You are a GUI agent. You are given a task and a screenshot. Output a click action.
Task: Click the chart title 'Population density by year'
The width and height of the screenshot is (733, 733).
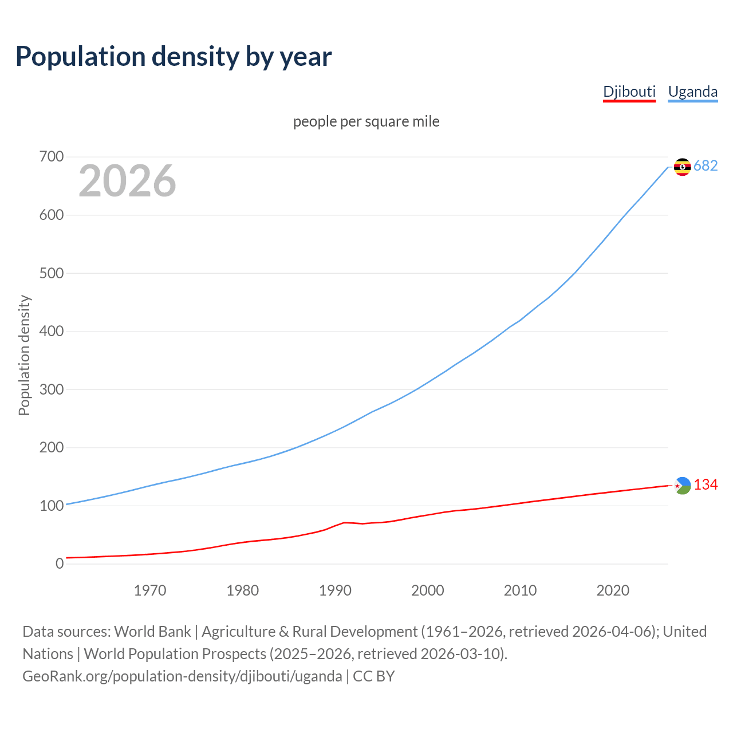tap(174, 57)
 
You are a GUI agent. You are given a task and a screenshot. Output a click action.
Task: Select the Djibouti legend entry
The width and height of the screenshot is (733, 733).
tap(629, 92)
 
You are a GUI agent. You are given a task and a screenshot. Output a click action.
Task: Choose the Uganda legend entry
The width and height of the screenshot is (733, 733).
tap(692, 92)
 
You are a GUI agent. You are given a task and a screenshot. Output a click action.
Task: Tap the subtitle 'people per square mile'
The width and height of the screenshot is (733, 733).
tap(366, 121)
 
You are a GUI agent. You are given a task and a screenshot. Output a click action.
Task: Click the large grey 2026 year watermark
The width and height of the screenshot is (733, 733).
tap(127, 181)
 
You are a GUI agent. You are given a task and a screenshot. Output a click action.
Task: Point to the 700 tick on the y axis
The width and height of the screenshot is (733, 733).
tap(52, 156)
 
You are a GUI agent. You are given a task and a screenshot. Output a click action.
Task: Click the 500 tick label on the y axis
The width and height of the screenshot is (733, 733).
tap(52, 273)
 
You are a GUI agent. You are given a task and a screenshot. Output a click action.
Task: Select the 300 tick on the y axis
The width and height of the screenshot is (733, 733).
tap(52, 389)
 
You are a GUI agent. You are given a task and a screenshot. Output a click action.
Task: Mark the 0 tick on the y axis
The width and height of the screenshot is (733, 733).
tap(60, 563)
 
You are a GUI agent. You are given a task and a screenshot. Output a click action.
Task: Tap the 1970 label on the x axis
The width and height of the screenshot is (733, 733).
tap(150, 590)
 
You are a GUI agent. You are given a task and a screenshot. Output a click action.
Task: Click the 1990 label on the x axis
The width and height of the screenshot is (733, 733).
tap(335, 590)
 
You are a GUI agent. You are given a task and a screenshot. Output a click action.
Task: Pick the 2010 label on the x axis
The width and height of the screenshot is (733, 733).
tap(520, 590)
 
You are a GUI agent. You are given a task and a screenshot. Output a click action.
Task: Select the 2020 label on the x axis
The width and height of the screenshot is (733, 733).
tap(613, 590)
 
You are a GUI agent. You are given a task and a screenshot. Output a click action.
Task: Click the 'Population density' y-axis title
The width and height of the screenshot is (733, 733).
tap(24, 355)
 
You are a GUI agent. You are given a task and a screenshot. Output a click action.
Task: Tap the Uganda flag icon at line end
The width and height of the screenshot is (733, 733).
tap(682, 167)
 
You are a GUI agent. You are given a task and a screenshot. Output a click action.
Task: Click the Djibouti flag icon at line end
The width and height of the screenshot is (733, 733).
tap(682, 486)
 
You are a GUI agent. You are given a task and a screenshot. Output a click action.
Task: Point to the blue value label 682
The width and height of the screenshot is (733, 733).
tap(706, 166)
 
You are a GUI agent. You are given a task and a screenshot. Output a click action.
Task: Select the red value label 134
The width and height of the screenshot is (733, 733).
tap(706, 485)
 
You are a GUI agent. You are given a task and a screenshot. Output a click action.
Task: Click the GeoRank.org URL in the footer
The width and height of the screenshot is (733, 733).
tap(182, 676)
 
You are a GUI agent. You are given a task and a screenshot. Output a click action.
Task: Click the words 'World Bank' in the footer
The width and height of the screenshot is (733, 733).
tap(152, 632)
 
